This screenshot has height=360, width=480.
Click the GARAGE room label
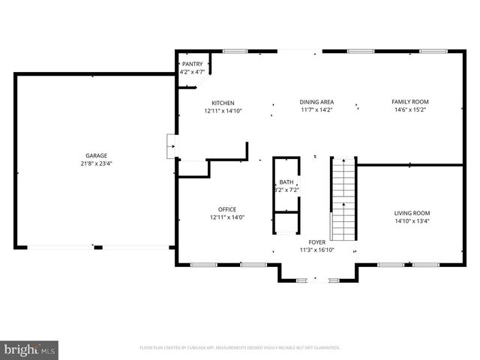(x=97, y=155)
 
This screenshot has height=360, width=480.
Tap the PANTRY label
(x=192, y=64)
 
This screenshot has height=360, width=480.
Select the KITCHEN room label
(x=223, y=103)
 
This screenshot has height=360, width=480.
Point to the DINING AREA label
(x=316, y=102)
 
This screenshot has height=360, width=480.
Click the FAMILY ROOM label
(x=410, y=102)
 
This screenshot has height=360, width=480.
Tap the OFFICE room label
(x=227, y=209)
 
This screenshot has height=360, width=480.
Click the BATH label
(x=286, y=182)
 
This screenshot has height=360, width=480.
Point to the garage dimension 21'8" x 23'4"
(x=97, y=163)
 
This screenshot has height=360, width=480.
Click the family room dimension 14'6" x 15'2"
(x=410, y=110)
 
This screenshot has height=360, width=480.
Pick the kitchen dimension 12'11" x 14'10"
(x=223, y=111)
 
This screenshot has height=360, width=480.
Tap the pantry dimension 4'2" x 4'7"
(x=192, y=73)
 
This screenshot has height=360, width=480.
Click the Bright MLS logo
(x=30, y=349)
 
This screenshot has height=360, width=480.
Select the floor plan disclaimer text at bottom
(x=240, y=348)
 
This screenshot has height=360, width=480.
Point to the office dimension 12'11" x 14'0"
(x=227, y=217)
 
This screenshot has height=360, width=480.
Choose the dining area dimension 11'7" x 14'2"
(x=316, y=110)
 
